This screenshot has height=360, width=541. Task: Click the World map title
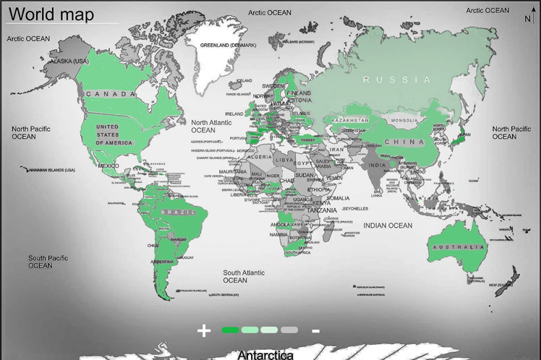click(x=51, y=14)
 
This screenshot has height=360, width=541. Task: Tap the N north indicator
click(x=527, y=20)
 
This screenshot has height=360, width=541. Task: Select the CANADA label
click(x=111, y=94)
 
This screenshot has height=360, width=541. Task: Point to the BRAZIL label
click(x=177, y=212)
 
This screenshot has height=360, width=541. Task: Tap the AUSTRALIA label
click(x=454, y=247)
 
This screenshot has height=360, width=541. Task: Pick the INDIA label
click(x=377, y=166)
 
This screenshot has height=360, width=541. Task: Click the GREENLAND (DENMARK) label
click(x=228, y=45)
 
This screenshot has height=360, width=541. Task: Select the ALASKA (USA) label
click(x=67, y=61)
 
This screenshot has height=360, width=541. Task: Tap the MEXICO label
click(x=108, y=166)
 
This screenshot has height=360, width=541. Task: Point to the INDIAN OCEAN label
click(x=388, y=226)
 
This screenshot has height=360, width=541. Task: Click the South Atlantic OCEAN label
click(x=243, y=276)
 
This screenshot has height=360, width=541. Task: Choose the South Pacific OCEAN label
click(x=48, y=262)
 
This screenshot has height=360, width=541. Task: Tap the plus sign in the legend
click(x=204, y=330)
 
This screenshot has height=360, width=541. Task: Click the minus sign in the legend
click(x=316, y=330)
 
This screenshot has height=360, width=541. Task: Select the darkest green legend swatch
click(x=230, y=330)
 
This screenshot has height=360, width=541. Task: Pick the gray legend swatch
click(x=289, y=330)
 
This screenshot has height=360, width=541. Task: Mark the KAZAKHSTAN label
click(x=351, y=120)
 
